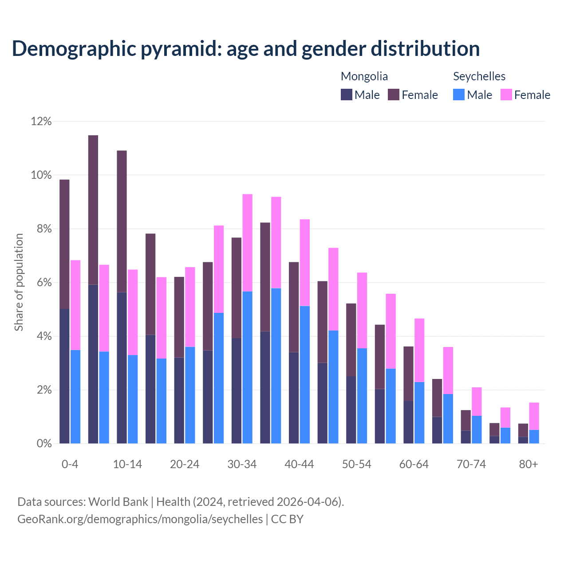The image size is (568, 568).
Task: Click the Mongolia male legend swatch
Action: coord(347,95)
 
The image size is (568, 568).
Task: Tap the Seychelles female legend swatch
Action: coord(506,95)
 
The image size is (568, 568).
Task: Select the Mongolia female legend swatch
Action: coord(394,95)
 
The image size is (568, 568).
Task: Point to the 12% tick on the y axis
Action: coord(41,121)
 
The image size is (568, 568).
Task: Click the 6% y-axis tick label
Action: coord(41,283)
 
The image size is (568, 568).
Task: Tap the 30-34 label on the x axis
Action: coord(242,465)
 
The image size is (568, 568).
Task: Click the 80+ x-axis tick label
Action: coord(529,465)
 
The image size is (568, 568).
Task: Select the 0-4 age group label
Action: coord(70,465)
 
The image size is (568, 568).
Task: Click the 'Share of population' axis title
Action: coord(19,282)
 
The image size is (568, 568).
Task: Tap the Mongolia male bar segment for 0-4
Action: coord(64,376)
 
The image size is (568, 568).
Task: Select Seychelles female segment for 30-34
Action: coord(248,243)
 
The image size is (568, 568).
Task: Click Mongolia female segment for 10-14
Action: coord(122,221)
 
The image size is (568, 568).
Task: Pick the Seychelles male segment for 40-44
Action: coord(305,375)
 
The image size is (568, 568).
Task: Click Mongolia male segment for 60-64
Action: coord(408,422)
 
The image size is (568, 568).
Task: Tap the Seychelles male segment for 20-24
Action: coord(190,395)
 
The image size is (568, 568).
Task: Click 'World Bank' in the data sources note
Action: coord(118,502)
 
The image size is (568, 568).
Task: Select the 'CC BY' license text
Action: coord(287,519)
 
